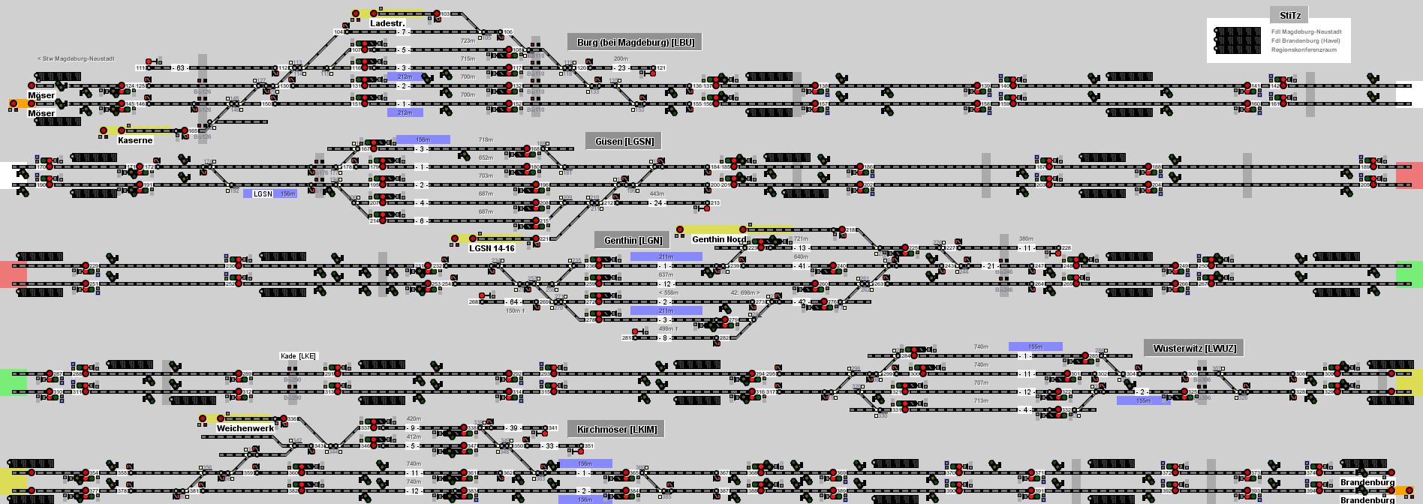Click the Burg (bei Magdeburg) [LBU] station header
pos(635,42)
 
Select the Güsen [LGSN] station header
pos(624,141)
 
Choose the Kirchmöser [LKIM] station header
pos(616,429)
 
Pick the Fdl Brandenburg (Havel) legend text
pos(1305,40)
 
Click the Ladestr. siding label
pos(387,23)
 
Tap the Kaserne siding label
pos(135,140)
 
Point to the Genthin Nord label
pos(719,239)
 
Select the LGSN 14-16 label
pos(492,248)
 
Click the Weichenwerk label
pos(245,428)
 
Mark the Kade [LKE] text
pos(298,355)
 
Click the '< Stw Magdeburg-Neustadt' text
pos(76,58)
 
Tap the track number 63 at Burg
pos(180,68)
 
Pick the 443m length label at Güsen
pos(657,194)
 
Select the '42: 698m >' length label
pos(745,292)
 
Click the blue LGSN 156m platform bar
pos(269,193)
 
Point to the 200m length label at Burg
pos(621,58)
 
